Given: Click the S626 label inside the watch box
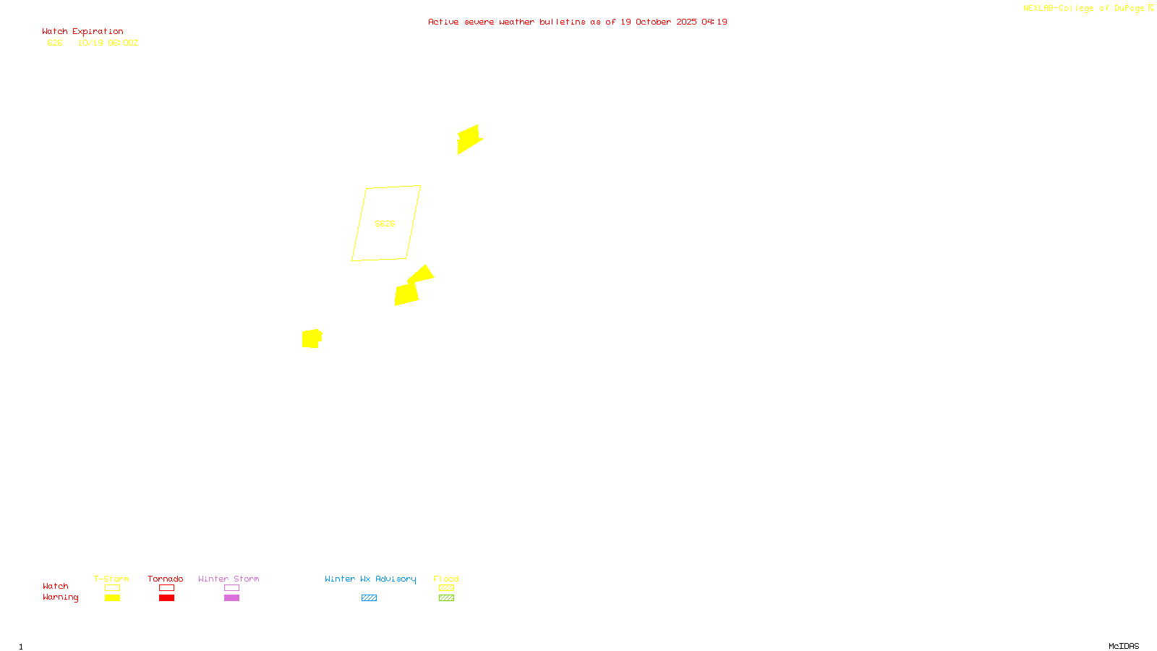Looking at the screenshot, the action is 385,224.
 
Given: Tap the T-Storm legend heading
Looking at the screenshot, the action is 111,579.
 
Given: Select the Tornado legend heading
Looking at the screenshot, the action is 166,579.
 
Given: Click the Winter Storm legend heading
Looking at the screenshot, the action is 229,579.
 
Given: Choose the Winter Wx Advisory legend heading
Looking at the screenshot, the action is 370,579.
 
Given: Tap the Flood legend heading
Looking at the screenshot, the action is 446,579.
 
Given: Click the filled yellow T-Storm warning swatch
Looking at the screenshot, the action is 112,598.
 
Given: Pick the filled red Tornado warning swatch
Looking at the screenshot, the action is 166,598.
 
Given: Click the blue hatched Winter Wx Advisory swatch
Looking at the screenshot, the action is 369,598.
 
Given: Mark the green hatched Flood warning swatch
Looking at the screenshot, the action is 446,598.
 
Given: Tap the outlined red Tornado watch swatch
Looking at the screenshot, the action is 166,588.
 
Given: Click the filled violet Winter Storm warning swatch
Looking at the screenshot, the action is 231,598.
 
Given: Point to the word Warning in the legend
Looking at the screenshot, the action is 60,597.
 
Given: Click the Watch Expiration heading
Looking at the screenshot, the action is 82,31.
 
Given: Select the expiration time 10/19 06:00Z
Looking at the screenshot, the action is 108,43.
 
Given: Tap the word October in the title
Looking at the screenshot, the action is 653,22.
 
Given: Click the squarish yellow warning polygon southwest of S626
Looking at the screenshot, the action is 311,339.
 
